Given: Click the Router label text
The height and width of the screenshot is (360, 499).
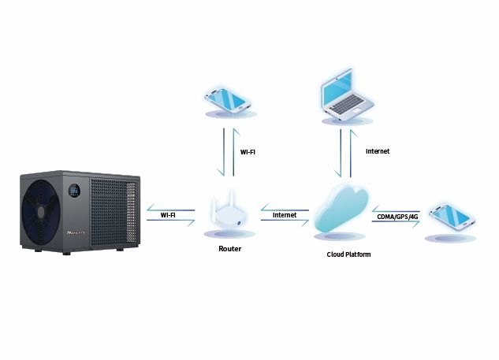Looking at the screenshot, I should point(229,249).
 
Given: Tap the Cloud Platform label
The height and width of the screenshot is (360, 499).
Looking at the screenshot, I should point(348,254).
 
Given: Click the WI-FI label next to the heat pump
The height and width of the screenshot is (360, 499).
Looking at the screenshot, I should point(168,214).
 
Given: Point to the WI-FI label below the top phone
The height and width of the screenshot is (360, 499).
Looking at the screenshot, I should point(247,152).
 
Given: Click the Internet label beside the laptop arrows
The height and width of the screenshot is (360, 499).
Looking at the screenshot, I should point(378,150).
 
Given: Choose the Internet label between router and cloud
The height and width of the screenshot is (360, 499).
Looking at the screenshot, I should point(284,214).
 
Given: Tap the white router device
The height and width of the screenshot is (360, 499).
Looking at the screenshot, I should point(229,218).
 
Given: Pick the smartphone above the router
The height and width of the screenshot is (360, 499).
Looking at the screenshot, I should point(229,100).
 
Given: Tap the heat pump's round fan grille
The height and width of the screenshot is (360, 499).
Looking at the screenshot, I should point(43,214).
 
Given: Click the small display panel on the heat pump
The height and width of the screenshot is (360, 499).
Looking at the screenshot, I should point(74,191).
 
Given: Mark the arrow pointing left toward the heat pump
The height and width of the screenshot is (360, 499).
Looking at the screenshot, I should point(169,207).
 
